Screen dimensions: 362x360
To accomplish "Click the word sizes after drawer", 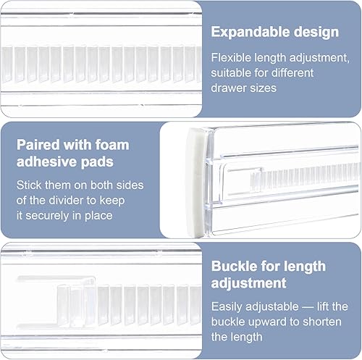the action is coord(264,88).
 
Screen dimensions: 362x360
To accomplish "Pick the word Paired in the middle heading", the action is coord(38,145).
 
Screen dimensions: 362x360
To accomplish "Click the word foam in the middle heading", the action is coord(112,145).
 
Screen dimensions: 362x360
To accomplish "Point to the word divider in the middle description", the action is coord(67,201).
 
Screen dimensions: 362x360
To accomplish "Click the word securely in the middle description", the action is coord(47,216).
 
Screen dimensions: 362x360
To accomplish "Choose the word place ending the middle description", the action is coord(98,216).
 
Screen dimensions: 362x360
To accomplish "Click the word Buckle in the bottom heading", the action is coord(233,266).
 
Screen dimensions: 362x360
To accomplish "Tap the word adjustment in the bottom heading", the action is coord(248,283).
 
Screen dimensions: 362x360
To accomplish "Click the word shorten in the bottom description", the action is coord(322,322).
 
